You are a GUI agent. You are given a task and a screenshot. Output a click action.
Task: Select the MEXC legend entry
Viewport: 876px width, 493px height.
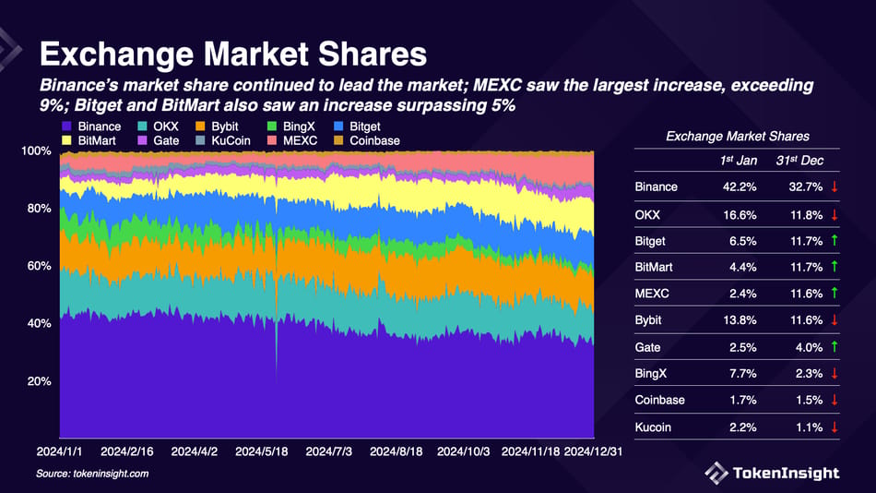(299, 140)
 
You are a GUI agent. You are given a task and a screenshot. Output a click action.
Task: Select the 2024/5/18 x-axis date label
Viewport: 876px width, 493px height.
(263, 452)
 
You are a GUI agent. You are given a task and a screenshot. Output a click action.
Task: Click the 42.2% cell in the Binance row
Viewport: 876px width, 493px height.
(739, 187)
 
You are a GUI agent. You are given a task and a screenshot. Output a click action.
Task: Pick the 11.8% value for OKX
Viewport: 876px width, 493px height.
(792, 215)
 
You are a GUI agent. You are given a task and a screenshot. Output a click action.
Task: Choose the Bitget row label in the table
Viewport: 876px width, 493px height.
(650, 241)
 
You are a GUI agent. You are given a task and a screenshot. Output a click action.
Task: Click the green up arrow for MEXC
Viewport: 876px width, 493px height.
(834, 295)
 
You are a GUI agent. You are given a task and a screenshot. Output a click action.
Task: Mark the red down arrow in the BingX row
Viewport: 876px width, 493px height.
(834, 374)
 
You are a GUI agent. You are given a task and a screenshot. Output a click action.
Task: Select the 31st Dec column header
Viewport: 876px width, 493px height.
(798, 161)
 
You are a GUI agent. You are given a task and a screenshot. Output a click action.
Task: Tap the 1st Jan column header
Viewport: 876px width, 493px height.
(740, 161)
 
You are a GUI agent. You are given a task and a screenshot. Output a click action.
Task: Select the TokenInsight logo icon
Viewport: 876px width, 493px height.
(716, 473)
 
